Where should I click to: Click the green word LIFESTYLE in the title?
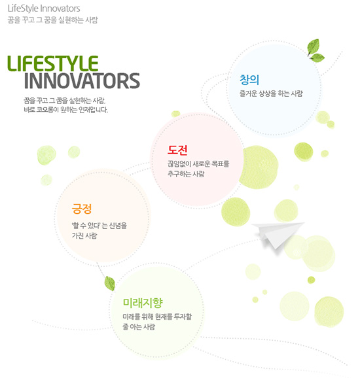(x=53, y=63)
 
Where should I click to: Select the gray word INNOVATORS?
(x=82, y=80)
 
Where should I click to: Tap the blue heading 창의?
(x=249, y=80)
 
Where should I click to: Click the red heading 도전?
(x=177, y=150)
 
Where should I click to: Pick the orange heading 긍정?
(x=82, y=209)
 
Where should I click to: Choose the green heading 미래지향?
(x=143, y=303)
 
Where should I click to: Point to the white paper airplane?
(x=278, y=234)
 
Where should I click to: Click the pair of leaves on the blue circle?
(x=315, y=51)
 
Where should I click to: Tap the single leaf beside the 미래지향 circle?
(x=109, y=283)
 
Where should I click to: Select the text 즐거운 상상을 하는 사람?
(x=271, y=94)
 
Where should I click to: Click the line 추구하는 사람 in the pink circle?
(x=186, y=174)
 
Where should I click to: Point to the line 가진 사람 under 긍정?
(x=84, y=235)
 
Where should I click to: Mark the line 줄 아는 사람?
(x=139, y=326)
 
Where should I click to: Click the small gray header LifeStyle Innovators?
(x=44, y=9)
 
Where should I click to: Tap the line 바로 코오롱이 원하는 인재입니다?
(x=65, y=110)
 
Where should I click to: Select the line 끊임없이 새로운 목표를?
(x=198, y=164)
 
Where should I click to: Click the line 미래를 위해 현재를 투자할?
(x=157, y=317)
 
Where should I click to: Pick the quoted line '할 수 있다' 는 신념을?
(x=99, y=226)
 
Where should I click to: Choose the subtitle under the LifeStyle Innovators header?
(x=52, y=20)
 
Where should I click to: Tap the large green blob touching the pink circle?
(x=259, y=167)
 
